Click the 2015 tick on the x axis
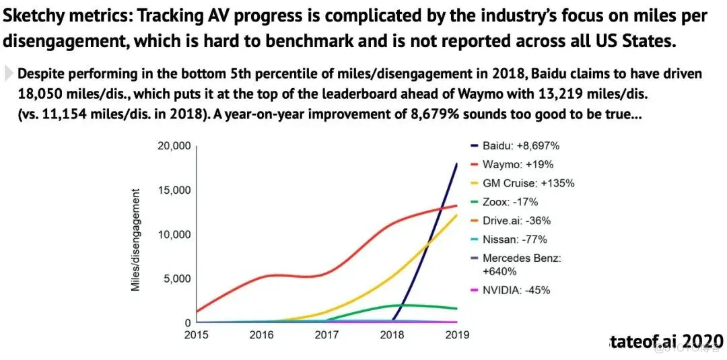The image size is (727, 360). [x=196, y=334]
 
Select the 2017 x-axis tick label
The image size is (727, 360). [x=327, y=334]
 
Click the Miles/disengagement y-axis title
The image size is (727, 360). [x=136, y=240]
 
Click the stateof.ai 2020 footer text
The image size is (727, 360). [x=663, y=340]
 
